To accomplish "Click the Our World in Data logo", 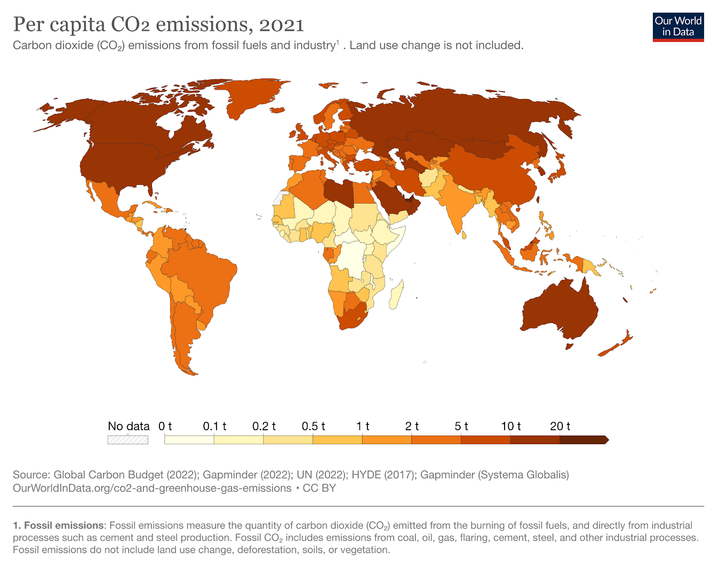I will [678, 27].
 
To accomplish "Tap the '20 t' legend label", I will [560, 426].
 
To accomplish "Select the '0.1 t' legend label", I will [214, 426].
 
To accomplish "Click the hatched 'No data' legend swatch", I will [128, 440].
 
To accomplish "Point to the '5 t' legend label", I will [461, 426].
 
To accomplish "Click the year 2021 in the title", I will [281, 25].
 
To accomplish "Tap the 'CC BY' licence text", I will [319, 488].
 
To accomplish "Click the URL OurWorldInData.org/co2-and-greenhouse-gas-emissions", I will [152, 488].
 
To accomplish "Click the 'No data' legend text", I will [129, 426].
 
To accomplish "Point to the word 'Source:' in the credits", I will [31, 475].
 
